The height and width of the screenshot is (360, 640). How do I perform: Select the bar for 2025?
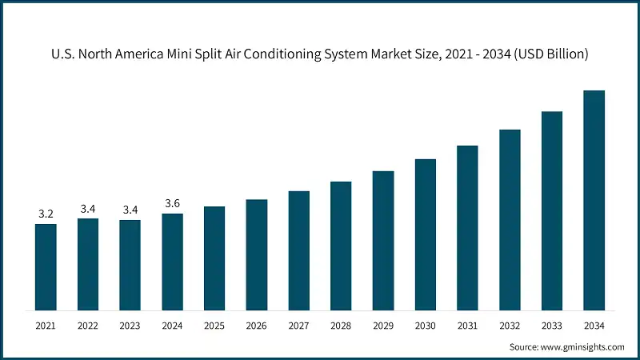point(214,258)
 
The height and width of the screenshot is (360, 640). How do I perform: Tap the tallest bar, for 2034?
point(594,200)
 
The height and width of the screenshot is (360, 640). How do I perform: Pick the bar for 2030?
point(425,234)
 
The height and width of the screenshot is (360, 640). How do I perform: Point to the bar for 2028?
point(341,245)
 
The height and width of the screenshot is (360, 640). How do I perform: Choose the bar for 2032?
point(510,219)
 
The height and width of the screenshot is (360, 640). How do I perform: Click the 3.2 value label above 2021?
point(46,214)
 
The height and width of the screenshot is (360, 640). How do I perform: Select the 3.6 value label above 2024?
point(172,203)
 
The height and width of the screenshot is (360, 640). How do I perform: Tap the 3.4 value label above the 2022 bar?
point(88,209)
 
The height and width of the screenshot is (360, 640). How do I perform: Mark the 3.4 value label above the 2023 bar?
point(130,210)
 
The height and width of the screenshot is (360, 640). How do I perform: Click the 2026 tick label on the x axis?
point(256,326)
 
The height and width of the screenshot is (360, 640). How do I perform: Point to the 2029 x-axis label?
point(383,326)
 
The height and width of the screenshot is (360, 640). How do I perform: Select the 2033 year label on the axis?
point(552,326)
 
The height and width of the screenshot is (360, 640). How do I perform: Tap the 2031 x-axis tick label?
point(467,326)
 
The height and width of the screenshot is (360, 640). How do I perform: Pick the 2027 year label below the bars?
point(298,326)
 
